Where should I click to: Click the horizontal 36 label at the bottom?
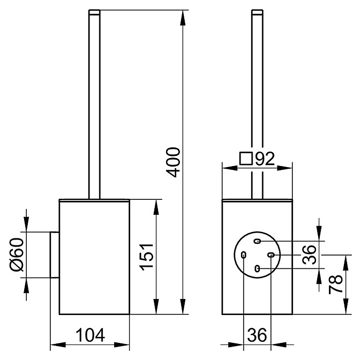258,336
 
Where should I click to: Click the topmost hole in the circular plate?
257,241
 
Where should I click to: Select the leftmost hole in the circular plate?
244,255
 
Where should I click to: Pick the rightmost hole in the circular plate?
271,254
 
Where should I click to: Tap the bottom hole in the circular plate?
258,268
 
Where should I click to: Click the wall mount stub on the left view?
54,254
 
